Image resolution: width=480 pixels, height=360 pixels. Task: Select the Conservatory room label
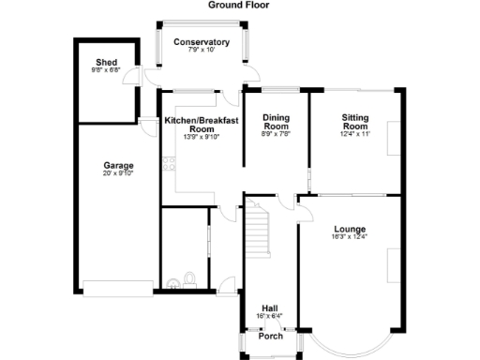[202, 42]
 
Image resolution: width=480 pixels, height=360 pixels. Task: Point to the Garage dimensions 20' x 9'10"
[118, 173]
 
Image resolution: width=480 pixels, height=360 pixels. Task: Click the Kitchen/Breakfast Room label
[202, 125]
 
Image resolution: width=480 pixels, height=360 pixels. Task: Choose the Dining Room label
[276, 121]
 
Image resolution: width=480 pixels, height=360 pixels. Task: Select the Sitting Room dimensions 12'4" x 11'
[355, 134]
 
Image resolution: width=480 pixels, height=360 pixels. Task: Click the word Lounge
[349, 229]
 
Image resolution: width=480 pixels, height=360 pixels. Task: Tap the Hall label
[269, 307]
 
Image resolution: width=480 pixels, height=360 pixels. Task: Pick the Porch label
[270, 337]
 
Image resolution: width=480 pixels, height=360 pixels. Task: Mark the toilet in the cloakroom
[190, 278]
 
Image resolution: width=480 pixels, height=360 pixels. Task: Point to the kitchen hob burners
[166, 168]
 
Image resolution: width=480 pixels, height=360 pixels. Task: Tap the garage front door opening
[115, 287]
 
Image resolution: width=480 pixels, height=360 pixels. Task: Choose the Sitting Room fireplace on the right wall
[392, 137]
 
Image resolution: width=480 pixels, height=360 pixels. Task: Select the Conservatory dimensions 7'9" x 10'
[202, 51]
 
